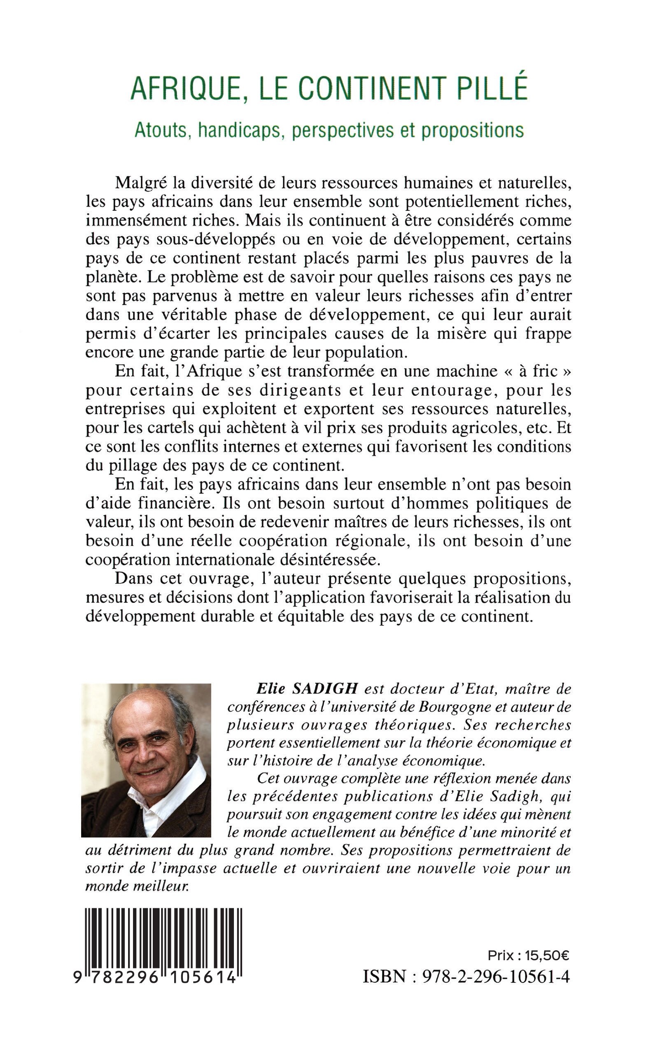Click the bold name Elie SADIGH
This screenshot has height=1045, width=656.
click(x=307, y=688)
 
